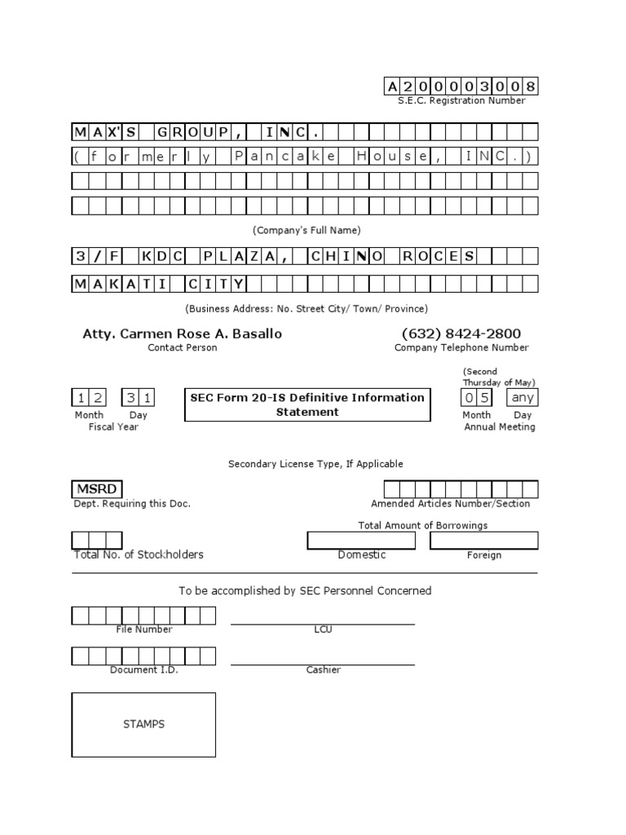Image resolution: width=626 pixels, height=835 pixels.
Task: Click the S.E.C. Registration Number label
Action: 461,100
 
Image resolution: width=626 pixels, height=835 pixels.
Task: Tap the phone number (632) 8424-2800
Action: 461,334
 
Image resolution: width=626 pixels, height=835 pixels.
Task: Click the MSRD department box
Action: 97,489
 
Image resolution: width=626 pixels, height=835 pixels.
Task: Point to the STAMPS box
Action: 143,724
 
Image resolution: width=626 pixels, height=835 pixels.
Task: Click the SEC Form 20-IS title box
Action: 307,404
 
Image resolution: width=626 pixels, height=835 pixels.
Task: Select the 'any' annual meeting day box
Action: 522,398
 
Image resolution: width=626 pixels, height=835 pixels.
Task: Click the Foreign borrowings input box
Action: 484,541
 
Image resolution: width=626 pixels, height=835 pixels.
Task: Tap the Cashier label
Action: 323,669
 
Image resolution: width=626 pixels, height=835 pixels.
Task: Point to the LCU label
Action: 323,630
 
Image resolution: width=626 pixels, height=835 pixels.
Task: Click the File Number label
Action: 143,630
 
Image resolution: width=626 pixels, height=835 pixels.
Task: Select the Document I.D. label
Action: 143,669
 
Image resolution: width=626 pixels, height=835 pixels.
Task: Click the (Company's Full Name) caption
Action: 306,230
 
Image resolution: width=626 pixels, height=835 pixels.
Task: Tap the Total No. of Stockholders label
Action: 139,554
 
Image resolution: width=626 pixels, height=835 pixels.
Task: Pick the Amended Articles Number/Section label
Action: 450,504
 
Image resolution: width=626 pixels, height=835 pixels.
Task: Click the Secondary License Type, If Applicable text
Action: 315,464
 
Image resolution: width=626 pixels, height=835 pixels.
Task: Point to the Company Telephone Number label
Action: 461,347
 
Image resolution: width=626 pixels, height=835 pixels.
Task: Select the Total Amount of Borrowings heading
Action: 423,525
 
